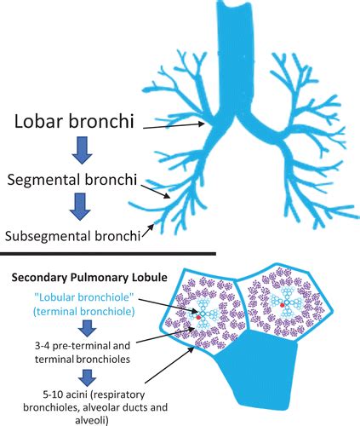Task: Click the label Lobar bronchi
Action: click(74, 121)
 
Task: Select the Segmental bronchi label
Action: click(72, 180)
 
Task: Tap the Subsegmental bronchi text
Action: click(72, 236)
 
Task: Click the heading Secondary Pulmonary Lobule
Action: click(89, 278)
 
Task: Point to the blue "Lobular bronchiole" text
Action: click(83, 297)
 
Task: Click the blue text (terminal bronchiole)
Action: click(83, 312)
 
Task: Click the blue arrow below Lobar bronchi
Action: click(82, 150)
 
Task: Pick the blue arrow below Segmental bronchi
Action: click(80, 206)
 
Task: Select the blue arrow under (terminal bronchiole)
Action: click(87, 329)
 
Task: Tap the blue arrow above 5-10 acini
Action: click(87, 378)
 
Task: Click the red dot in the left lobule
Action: click(198, 317)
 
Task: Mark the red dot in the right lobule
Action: click(282, 305)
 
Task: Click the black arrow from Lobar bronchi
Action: click(174, 126)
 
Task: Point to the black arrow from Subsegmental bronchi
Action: click(148, 230)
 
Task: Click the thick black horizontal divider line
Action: click(108, 253)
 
